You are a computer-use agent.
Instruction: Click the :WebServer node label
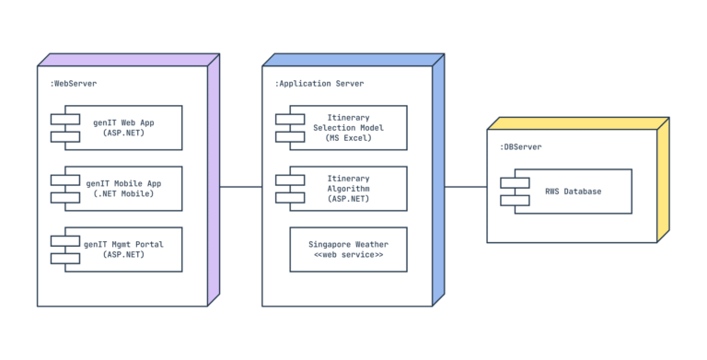click(74, 84)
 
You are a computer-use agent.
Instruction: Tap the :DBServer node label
click(521, 147)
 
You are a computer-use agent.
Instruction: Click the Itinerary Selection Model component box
click(349, 127)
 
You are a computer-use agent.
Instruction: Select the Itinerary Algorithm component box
click(349, 189)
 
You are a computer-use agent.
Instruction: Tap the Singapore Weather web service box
click(348, 250)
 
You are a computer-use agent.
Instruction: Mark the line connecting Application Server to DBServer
click(466, 187)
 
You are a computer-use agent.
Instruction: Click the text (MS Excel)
click(349, 138)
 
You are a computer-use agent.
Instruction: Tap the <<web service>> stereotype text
click(348, 255)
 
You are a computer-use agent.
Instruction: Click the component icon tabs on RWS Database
click(515, 192)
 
